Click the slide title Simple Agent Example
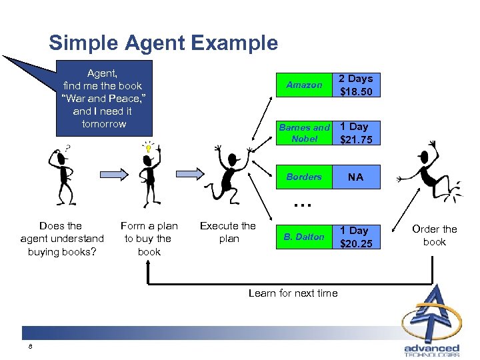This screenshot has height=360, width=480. coord(163,43)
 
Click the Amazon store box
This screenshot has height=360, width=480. coord(304,85)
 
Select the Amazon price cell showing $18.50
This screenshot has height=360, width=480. coord(356,85)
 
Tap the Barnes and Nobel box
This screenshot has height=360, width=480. coord(304,133)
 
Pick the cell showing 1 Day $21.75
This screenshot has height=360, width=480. coord(356,133)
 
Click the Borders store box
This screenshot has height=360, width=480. coord(304,177)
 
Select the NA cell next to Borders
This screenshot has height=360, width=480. coord(356,177)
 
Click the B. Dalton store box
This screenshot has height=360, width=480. coord(304,236)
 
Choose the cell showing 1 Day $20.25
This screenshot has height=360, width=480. coord(356,237)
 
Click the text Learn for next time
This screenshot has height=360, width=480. coord(293,293)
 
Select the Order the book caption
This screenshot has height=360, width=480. coord(435,235)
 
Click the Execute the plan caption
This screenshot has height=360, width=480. coord(228,232)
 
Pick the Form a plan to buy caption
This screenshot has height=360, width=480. coord(149,239)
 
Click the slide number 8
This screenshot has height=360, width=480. coord(31,347)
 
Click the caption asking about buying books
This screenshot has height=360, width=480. coord(62,239)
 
